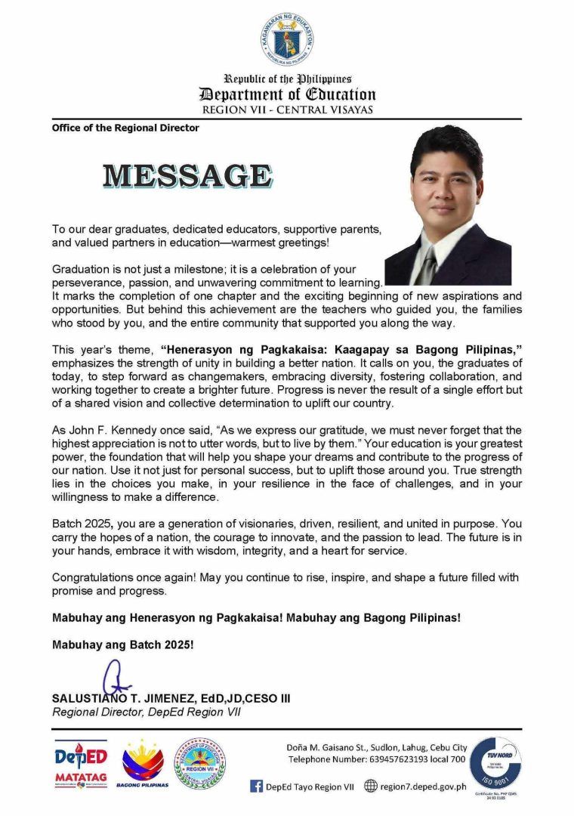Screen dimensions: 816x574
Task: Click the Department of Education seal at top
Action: pyautogui.click(x=287, y=39)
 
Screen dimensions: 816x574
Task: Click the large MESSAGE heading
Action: pyautogui.click(x=187, y=175)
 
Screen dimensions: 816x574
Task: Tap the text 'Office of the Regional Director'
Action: pyautogui.click(x=125, y=128)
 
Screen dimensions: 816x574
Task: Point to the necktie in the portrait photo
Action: pyautogui.click(x=430, y=265)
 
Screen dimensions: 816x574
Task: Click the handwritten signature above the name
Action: pyautogui.click(x=114, y=677)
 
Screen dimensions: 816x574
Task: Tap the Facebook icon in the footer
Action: pyautogui.click(x=257, y=786)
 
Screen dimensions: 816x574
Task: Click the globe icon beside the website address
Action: pyautogui.click(x=371, y=786)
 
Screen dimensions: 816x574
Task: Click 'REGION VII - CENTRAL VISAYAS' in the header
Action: pyautogui.click(x=287, y=110)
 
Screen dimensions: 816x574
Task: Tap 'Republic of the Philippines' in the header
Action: pyautogui.click(x=287, y=79)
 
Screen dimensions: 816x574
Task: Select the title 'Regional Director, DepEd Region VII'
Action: pyautogui.click(x=146, y=712)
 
